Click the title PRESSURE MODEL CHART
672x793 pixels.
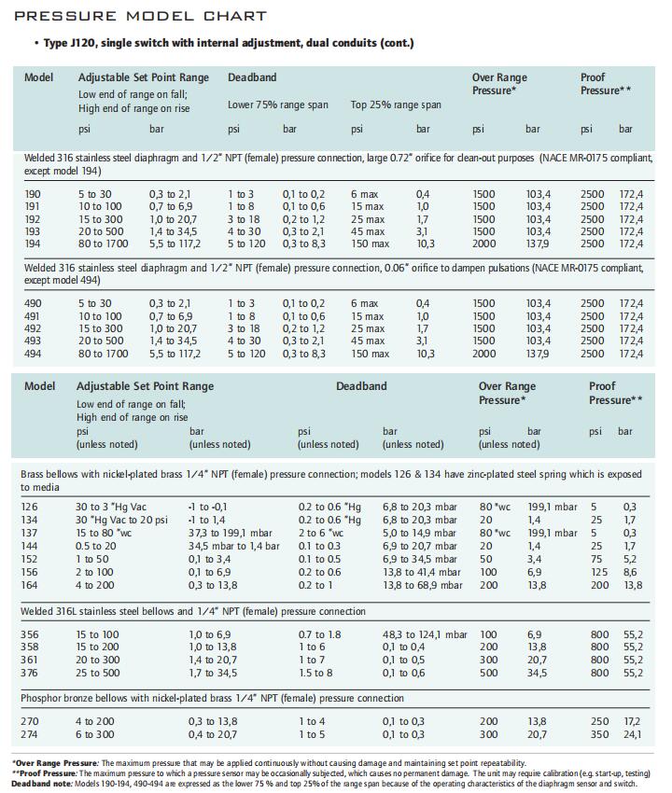click(x=141, y=16)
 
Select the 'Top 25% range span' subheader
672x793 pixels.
click(x=396, y=104)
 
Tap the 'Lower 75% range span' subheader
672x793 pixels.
click(x=278, y=104)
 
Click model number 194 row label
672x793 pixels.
click(x=33, y=243)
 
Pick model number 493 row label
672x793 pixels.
click(x=33, y=341)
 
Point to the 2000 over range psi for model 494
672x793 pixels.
click(x=484, y=354)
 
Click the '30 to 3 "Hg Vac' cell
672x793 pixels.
click(x=111, y=507)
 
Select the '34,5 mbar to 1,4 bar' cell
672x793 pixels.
click(x=233, y=546)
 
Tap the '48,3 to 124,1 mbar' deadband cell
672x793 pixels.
click(x=425, y=634)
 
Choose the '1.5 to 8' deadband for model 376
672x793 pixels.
click(x=315, y=674)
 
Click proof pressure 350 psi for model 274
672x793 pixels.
click(x=599, y=734)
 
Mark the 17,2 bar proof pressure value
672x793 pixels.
click(x=632, y=721)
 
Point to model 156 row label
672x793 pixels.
click(x=29, y=572)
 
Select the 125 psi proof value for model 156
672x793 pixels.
click(x=599, y=572)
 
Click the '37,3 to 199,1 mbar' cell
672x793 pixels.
click(x=231, y=533)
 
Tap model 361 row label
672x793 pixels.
click(x=29, y=660)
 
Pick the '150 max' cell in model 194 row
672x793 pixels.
click(x=371, y=243)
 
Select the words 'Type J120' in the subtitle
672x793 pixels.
click(x=69, y=43)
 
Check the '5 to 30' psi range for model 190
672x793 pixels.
click(x=94, y=194)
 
